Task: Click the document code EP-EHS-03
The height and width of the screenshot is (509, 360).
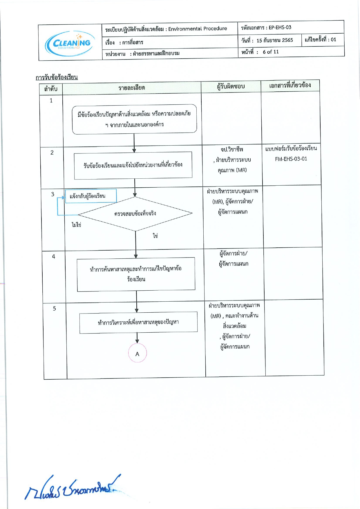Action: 280,28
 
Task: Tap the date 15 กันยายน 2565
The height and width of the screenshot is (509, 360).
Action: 275,40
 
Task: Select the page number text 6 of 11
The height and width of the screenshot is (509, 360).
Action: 271,52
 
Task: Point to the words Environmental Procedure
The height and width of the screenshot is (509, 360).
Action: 198,29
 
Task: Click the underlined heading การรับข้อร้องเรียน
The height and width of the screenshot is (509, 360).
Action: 57,77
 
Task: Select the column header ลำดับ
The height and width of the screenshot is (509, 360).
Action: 51,88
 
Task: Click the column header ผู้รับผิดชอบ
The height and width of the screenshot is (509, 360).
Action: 231,86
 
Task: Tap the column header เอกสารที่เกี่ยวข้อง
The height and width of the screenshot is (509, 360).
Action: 290,85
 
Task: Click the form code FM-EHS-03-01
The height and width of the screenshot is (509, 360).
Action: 291,159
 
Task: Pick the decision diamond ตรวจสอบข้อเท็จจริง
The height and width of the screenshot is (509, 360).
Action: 135,214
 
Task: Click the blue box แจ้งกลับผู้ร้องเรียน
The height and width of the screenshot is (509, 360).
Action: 91,196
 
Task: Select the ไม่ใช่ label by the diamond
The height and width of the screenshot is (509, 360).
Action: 76,224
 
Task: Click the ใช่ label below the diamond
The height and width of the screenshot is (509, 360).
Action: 155,236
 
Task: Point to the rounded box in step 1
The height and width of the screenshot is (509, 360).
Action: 134,119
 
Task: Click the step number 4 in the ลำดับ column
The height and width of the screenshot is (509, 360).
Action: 54,256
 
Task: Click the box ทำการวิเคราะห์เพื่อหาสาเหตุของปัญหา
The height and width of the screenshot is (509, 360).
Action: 138,323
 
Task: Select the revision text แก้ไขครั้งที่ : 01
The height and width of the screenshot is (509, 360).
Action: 320,39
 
